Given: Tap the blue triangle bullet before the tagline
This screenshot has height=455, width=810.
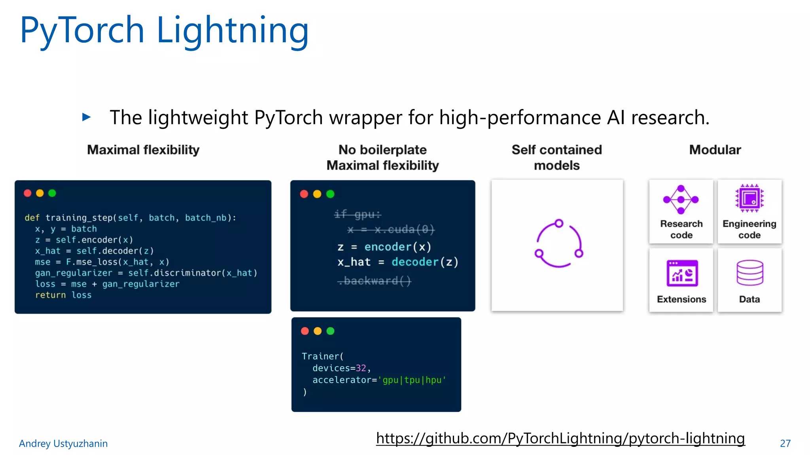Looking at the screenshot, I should pyautogui.click(x=86, y=117).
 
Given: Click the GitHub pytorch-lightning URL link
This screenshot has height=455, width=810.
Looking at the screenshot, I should pyautogui.click(x=560, y=438).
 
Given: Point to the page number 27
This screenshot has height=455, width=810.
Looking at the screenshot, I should pyautogui.click(x=785, y=444).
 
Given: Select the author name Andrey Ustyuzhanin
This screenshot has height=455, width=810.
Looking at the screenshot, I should pyautogui.click(x=63, y=444).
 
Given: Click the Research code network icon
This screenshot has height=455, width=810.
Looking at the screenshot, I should pyautogui.click(x=681, y=199).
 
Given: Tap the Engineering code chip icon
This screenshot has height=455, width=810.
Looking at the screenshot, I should pyautogui.click(x=749, y=198).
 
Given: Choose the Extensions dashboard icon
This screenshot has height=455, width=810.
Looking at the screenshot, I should pyautogui.click(x=682, y=273).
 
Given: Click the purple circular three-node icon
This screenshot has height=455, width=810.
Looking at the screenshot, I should pyautogui.click(x=558, y=243).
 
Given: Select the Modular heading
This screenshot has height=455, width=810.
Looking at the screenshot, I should pyautogui.click(x=715, y=150).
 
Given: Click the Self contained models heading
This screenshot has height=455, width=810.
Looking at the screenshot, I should pyautogui.click(x=556, y=157).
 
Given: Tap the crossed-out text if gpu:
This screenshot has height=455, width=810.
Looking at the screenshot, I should pyautogui.click(x=357, y=214).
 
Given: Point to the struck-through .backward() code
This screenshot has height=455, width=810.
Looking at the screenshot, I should pyautogui.click(x=374, y=281).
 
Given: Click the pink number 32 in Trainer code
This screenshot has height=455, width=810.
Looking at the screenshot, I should pyautogui.click(x=361, y=368).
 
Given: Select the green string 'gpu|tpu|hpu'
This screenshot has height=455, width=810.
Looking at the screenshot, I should pyautogui.click(x=412, y=380).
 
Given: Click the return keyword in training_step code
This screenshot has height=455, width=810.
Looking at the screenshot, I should pyautogui.click(x=50, y=295).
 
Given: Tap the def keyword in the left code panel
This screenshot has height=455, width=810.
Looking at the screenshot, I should pyautogui.click(x=32, y=218).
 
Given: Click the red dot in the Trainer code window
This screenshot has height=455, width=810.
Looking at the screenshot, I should pyautogui.click(x=305, y=331).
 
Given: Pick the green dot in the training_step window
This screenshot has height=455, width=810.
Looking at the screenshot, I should pyautogui.click(x=52, y=193).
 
